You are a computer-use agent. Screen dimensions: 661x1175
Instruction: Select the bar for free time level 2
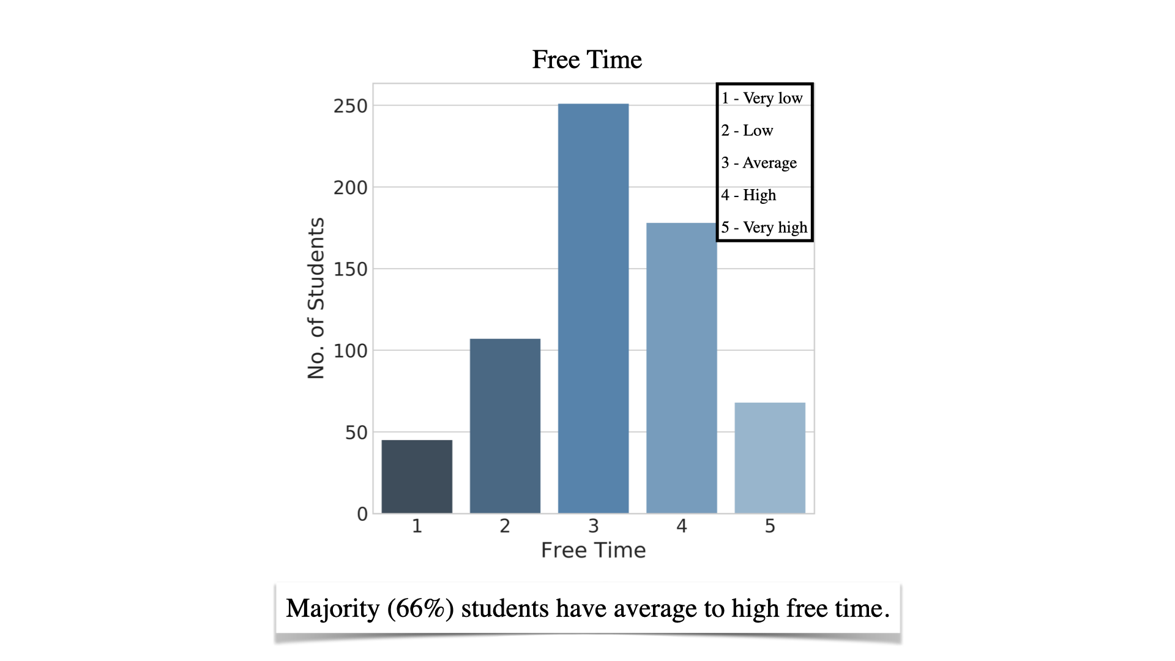coord(505,426)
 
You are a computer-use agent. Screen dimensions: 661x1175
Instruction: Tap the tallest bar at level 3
coord(593,308)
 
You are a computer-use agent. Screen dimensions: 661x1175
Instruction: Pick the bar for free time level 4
coord(681,368)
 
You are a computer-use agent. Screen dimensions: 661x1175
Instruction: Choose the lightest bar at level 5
coord(770,458)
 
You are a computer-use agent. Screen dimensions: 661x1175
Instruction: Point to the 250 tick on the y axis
coord(351,106)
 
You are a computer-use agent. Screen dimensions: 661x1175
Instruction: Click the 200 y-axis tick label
coord(351,188)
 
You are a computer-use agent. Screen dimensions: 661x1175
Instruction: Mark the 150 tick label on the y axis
coord(351,269)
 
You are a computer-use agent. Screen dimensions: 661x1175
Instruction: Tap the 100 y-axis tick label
coord(351,351)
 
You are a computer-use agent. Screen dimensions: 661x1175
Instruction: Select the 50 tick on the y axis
coord(356,433)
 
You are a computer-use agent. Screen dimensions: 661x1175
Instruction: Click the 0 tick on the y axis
coord(362,514)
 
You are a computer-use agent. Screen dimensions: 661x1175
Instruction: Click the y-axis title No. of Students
coord(316,298)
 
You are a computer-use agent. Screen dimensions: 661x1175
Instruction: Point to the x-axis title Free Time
coord(593,550)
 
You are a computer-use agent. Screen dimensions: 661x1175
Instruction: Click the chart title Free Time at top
coord(587,59)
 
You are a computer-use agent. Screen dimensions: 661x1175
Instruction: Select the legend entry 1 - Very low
coord(762,99)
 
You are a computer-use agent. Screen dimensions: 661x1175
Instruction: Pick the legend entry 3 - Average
coord(759,163)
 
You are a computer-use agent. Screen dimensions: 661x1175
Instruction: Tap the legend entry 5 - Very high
coord(764,228)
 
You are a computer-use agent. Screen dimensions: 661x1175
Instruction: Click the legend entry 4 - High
coord(748,195)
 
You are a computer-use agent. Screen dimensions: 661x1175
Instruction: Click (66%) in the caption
coord(420,608)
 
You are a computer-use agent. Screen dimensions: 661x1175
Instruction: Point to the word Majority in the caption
coord(333,608)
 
